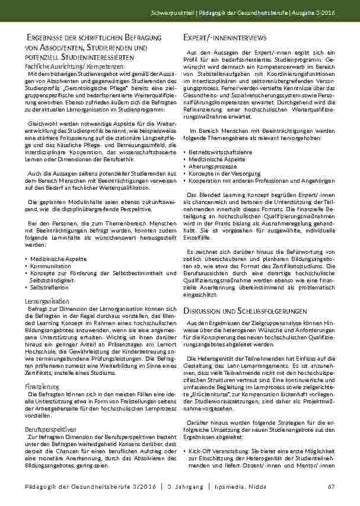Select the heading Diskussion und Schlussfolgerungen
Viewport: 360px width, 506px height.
point(244,311)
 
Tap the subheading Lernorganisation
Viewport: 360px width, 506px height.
point(47,302)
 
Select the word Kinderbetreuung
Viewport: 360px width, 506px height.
point(135,351)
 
